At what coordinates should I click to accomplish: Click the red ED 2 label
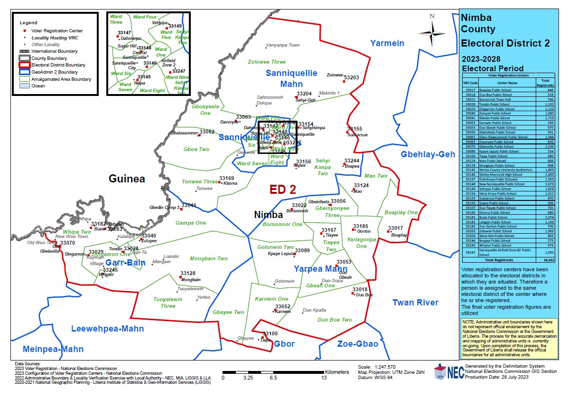tap(283, 190)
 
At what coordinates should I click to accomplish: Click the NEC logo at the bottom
tap(447, 372)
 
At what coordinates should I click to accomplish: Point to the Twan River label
tap(415, 303)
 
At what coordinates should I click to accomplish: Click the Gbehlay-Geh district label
tap(428, 154)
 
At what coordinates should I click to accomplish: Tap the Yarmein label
tap(387, 43)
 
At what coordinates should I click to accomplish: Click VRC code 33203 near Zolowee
tap(352, 77)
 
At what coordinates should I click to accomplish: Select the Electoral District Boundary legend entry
tap(58, 65)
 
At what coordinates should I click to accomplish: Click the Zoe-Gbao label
tap(358, 344)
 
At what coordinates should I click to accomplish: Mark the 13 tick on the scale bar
tap(324, 378)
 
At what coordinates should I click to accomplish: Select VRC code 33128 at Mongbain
tap(187, 273)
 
